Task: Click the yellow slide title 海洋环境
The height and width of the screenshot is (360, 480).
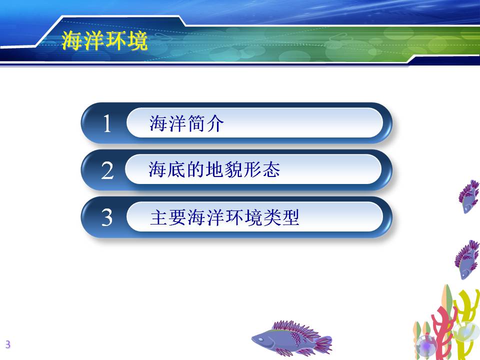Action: tap(104, 40)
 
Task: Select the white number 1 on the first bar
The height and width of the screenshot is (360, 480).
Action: tap(107, 123)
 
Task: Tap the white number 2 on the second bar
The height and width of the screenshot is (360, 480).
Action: tap(107, 170)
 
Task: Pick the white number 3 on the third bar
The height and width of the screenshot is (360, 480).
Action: tap(107, 217)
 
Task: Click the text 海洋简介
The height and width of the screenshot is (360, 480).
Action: tap(186, 123)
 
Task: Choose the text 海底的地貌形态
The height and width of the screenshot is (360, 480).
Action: tap(214, 169)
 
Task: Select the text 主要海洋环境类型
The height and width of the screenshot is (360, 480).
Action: tap(224, 217)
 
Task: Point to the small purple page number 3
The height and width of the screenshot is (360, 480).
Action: tap(8, 344)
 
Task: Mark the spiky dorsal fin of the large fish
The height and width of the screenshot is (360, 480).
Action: tap(292, 327)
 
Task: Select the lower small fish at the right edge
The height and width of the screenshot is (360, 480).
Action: tap(467, 259)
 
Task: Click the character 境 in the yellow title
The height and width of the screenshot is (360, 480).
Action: tap(138, 40)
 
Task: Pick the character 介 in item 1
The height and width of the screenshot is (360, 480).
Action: tap(215, 123)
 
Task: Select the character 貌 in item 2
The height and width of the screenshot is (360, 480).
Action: tap(233, 169)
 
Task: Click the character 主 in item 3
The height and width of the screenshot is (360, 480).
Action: tap(159, 217)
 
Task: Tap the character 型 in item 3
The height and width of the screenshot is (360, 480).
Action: tap(290, 217)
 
